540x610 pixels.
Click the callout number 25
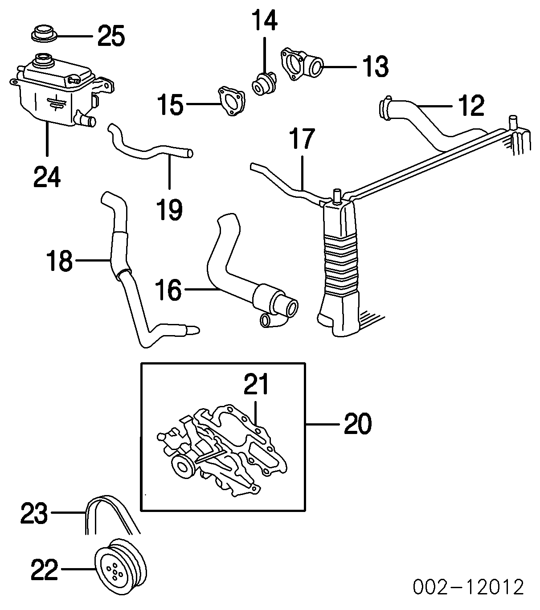111,36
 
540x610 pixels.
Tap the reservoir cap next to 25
44,34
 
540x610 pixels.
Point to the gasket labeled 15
231,102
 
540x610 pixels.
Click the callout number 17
302,139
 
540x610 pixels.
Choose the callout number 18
59,261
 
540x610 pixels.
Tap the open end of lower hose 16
292,307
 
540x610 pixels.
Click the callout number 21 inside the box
257,385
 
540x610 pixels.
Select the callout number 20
357,424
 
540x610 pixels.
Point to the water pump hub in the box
182,467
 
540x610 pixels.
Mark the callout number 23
34,514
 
